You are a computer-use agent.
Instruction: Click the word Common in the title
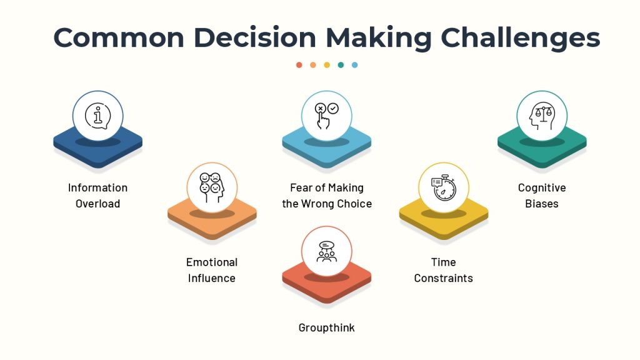[119, 37]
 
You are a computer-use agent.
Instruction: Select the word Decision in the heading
[255, 37]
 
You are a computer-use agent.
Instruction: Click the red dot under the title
[299, 65]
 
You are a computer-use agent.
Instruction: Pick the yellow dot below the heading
[327, 65]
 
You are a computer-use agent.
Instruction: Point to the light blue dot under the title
[355, 65]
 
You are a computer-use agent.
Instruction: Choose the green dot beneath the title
[341, 65]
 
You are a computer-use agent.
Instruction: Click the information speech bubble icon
[98, 116]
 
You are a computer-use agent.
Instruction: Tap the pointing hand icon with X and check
[326, 116]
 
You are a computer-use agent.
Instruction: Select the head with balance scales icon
[542, 116]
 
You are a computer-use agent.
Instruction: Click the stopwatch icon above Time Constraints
[444, 187]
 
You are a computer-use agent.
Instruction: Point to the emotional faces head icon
[212, 187]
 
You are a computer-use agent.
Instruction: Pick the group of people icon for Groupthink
[326, 251]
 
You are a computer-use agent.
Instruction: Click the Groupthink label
[326, 327]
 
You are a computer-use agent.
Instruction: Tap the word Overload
[98, 204]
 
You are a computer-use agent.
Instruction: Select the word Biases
[542, 204]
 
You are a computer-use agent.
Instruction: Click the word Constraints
[444, 278]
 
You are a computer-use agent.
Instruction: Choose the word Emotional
[212, 262]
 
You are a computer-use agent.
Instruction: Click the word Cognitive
[542, 187]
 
